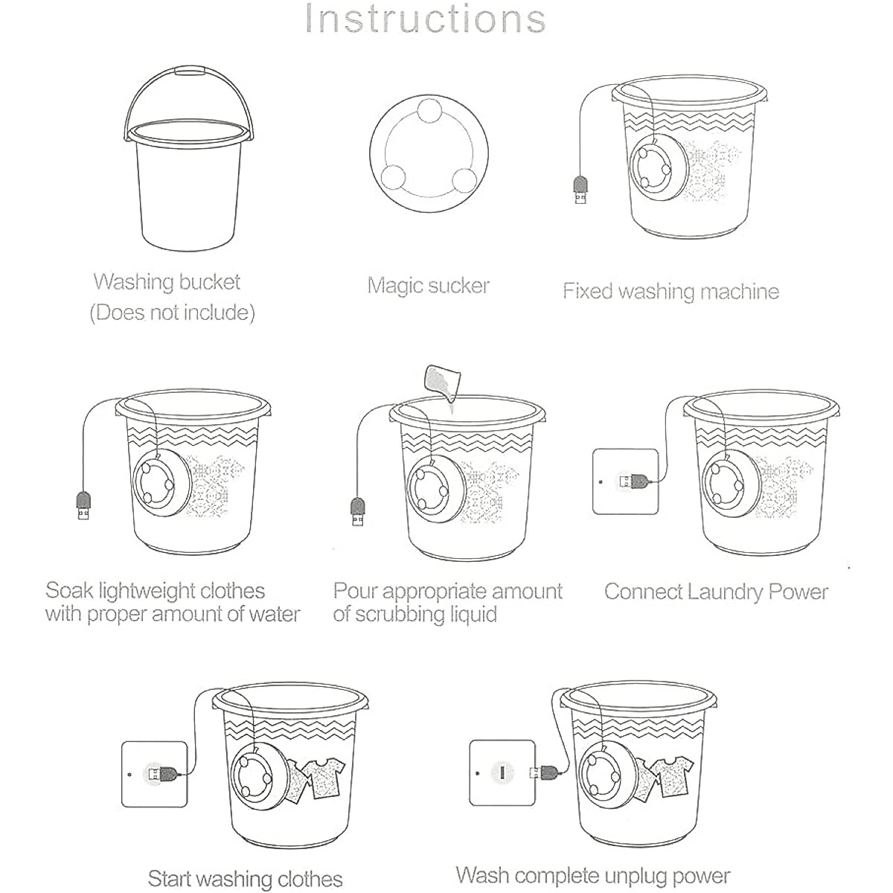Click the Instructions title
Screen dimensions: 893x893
pyautogui.click(x=426, y=19)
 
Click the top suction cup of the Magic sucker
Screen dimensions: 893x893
pyautogui.click(x=429, y=111)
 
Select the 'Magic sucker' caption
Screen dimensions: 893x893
pyautogui.click(x=429, y=286)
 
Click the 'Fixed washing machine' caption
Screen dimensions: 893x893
pyautogui.click(x=670, y=291)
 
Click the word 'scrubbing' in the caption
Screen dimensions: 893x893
pyautogui.click(x=398, y=615)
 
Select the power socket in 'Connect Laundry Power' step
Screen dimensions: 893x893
pyautogui.click(x=626, y=481)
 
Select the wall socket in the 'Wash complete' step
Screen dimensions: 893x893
pyautogui.click(x=503, y=772)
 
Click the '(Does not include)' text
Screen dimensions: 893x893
pyautogui.click(x=172, y=313)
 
